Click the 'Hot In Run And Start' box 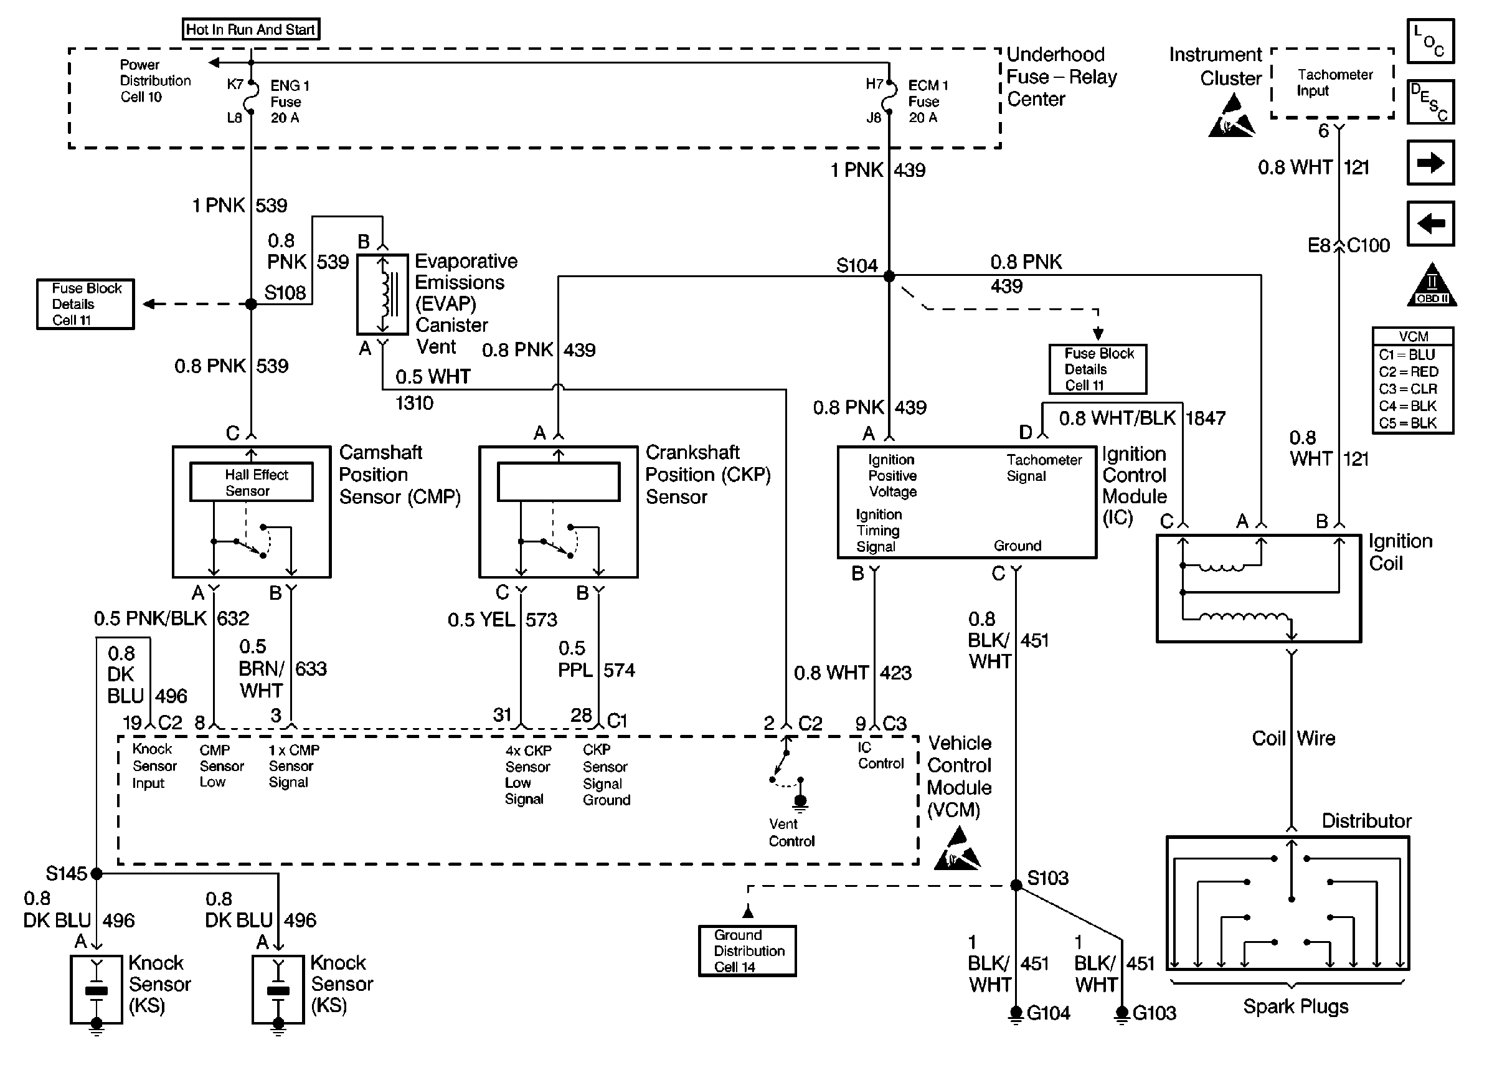pyautogui.click(x=250, y=30)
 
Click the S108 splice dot pyautogui.click(x=251, y=305)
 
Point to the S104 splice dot pyautogui.click(x=889, y=276)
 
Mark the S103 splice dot pyautogui.click(x=1016, y=886)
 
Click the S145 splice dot pyautogui.click(x=97, y=874)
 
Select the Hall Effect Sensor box pyautogui.click(x=252, y=482)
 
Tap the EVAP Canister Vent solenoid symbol pyautogui.click(x=382, y=294)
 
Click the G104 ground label pyautogui.click(x=1049, y=1013)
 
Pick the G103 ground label pyautogui.click(x=1154, y=1013)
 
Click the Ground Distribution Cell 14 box pyautogui.click(x=747, y=951)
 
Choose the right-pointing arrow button pyautogui.click(x=1430, y=163)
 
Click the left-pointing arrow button pyautogui.click(x=1430, y=224)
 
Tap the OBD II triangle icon pyautogui.click(x=1432, y=286)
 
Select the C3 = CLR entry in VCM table pyautogui.click(x=1408, y=389)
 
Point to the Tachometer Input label pyautogui.click(x=1334, y=82)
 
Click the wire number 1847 pyautogui.click(x=1205, y=419)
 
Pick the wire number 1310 pyautogui.click(x=414, y=402)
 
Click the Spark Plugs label pyautogui.click(x=1295, y=1006)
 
